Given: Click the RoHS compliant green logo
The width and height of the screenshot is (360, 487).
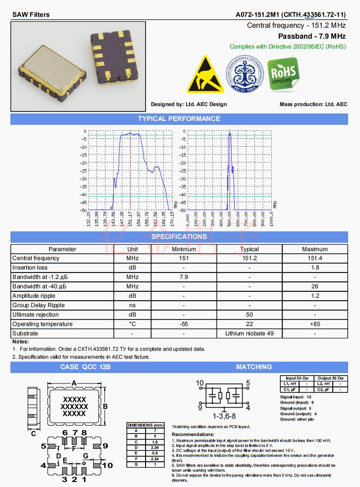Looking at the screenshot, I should [284, 74].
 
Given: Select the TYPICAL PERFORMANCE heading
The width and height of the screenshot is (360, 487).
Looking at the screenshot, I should [179, 119].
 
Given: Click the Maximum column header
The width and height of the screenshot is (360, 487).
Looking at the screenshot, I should [314, 249].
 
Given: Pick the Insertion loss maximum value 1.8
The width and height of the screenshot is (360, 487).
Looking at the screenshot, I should [314, 268].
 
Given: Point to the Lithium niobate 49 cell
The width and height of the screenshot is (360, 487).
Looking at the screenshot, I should [249, 333].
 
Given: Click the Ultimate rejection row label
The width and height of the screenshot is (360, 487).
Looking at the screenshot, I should [35, 315].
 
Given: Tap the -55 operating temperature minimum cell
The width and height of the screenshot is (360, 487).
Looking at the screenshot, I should [184, 324].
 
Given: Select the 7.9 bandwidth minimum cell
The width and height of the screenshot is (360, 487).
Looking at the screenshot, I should [184, 277].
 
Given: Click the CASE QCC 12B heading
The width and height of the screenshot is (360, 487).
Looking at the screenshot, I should [85, 367].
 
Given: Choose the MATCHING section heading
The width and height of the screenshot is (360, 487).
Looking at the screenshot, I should [254, 367].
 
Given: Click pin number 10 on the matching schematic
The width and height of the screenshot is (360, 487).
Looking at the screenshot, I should [200, 383].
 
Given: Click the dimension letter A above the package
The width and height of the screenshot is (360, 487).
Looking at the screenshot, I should [74, 383].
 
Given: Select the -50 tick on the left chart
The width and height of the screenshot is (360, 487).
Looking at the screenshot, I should [84, 210].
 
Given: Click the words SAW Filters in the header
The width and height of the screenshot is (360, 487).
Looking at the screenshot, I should [31, 14].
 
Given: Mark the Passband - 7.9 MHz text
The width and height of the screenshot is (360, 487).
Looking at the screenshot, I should [311, 36].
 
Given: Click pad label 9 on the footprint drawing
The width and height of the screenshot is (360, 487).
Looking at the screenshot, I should [105, 446].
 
